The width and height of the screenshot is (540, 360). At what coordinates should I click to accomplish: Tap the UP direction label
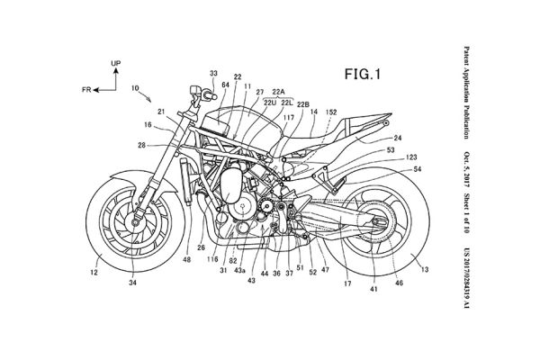tap(115, 64)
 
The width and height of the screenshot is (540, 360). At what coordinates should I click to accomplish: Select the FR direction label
tap(85, 90)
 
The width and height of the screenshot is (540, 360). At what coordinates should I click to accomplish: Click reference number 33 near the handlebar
tap(213, 72)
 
